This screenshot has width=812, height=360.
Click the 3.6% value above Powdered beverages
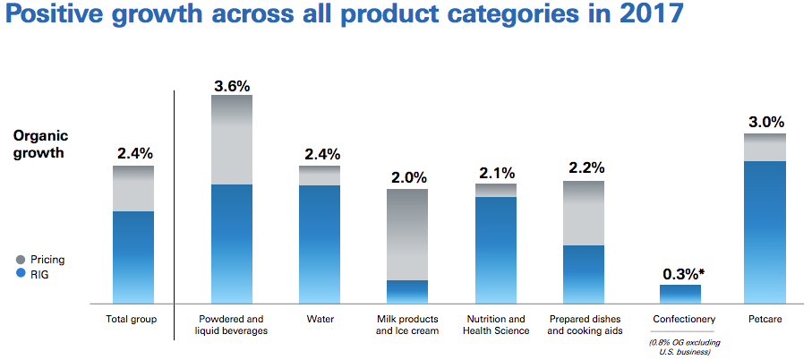(x=231, y=86)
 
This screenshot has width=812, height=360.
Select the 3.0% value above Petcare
(x=765, y=123)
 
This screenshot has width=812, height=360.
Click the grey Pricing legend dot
(x=21, y=260)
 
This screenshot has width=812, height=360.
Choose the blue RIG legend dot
(x=21, y=275)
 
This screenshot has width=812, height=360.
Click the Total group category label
(x=132, y=319)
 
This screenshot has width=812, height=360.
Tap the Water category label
(x=321, y=319)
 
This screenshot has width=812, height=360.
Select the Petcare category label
(x=765, y=319)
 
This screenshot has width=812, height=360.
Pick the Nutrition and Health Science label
(x=495, y=324)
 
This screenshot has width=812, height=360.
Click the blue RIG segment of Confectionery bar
(x=680, y=295)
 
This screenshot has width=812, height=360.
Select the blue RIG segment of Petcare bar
(x=765, y=233)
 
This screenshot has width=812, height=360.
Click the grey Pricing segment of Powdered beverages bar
(x=231, y=140)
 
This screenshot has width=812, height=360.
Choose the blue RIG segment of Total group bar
(x=132, y=258)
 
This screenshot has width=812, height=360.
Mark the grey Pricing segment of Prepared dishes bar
(x=583, y=213)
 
